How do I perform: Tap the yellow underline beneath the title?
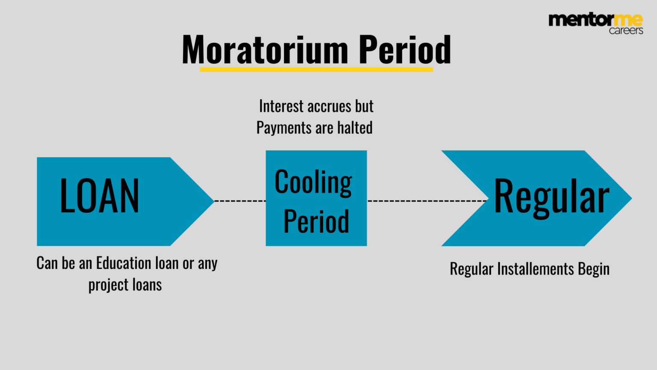(x=316, y=69)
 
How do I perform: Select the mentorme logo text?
(x=595, y=20)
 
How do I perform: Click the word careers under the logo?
(x=626, y=30)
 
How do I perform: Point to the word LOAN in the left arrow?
(x=99, y=196)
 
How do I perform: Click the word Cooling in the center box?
(x=314, y=182)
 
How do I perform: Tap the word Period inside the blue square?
(x=316, y=221)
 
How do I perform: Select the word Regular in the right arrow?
(x=551, y=197)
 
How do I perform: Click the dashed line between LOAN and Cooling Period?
(x=240, y=200)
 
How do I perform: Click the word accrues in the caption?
(x=329, y=106)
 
